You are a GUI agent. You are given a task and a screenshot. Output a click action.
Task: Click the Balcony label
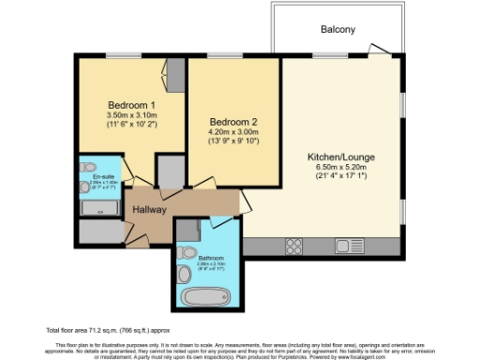pyautogui.click(x=337, y=30)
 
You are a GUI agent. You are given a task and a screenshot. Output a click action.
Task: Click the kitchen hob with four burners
pyautogui.click(x=293, y=246)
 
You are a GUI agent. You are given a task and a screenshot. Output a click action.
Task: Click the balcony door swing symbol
pyautogui.click(x=378, y=49)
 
